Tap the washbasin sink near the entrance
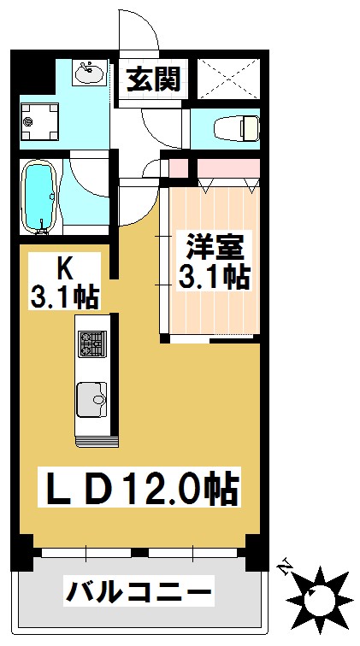click(x=88, y=73)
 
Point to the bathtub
click(x=39, y=196)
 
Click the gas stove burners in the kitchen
click(x=91, y=344)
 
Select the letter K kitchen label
click(x=65, y=267)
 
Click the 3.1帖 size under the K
click(x=65, y=297)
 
